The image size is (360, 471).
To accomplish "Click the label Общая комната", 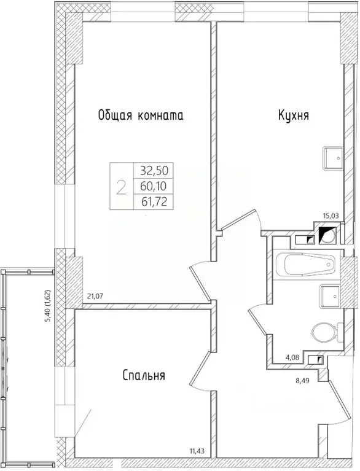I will pyautogui.click(x=141, y=115).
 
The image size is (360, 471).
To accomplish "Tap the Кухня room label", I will pyautogui.click(x=292, y=115).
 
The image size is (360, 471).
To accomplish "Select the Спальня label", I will pyautogui.click(x=143, y=375).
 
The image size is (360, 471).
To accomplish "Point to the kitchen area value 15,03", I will pyautogui.click(x=332, y=216).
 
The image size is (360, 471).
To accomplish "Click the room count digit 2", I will pyautogui.click(x=121, y=185).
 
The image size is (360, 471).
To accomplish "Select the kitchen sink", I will pyautogui.click(x=333, y=158).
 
